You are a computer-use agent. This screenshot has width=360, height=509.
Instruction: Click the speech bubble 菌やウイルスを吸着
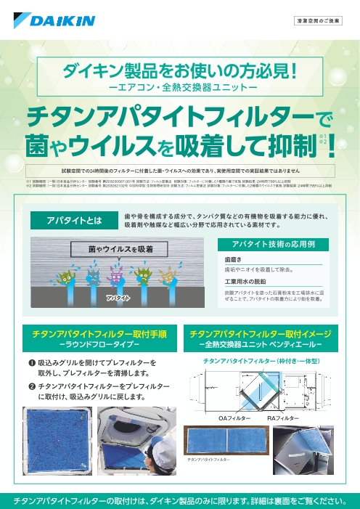tap(115, 249)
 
